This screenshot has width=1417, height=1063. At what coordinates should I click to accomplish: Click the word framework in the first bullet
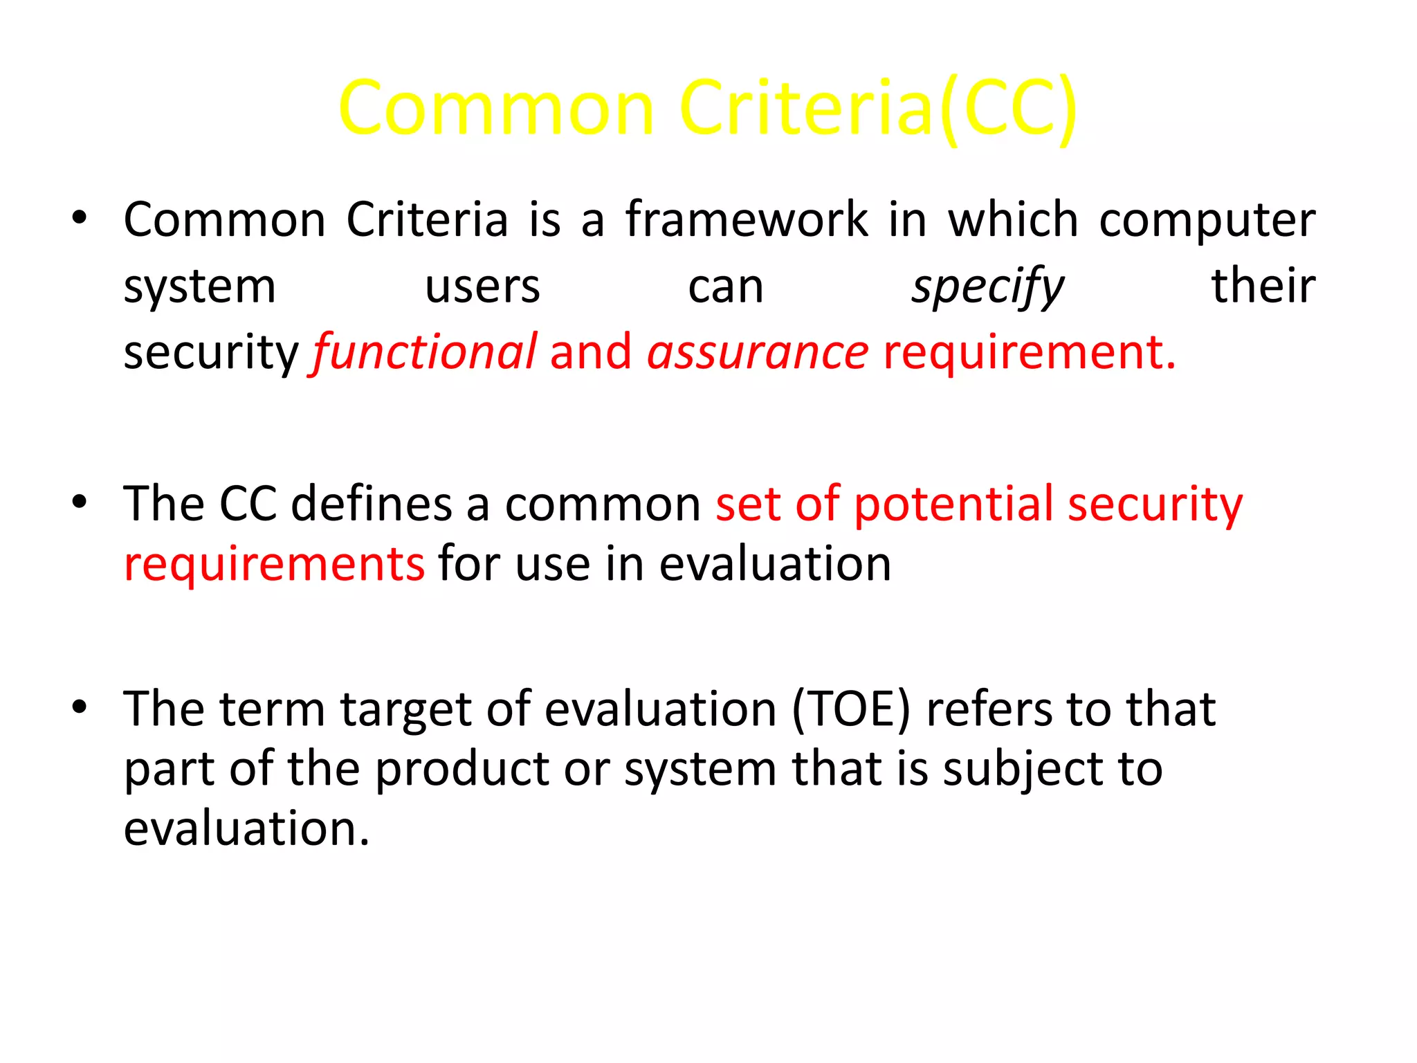(747, 219)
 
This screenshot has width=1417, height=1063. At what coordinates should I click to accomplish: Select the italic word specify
(987, 287)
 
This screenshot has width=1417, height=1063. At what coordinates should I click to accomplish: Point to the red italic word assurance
(758, 352)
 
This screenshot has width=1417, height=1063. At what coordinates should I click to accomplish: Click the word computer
(1207, 221)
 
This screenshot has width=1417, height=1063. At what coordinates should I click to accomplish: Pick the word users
(482, 286)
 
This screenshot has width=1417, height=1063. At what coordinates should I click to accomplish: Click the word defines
(371, 503)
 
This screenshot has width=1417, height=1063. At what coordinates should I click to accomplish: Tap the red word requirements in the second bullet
(274, 564)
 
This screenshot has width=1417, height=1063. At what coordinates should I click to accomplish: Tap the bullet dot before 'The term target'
(80, 707)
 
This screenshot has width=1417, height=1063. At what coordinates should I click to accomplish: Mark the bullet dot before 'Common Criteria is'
(80, 217)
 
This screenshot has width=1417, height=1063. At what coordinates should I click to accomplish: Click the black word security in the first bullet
(210, 352)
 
